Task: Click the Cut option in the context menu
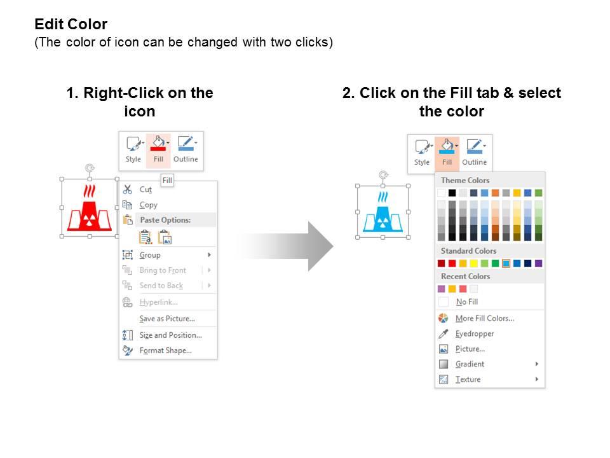pyautogui.click(x=146, y=190)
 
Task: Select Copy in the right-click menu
pyautogui.click(x=148, y=205)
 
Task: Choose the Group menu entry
pyautogui.click(x=150, y=255)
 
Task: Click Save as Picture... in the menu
pyautogui.click(x=167, y=319)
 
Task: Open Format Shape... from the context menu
pyautogui.click(x=165, y=350)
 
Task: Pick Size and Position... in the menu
pyautogui.click(x=170, y=335)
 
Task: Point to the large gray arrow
pyautogui.click(x=286, y=246)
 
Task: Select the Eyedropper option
pyautogui.click(x=474, y=334)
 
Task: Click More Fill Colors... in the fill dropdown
pyautogui.click(x=485, y=318)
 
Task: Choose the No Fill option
pyautogui.click(x=467, y=302)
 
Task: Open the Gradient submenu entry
pyautogui.click(x=470, y=364)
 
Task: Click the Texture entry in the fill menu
pyautogui.click(x=468, y=379)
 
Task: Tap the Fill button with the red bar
pyautogui.click(x=158, y=150)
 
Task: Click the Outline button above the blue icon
pyautogui.click(x=474, y=153)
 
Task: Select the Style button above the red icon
pyautogui.click(x=133, y=150)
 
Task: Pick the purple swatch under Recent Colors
pyautogui.click(x=441, y=289)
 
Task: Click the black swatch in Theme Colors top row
pyautogui.click(x=452, y=193)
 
